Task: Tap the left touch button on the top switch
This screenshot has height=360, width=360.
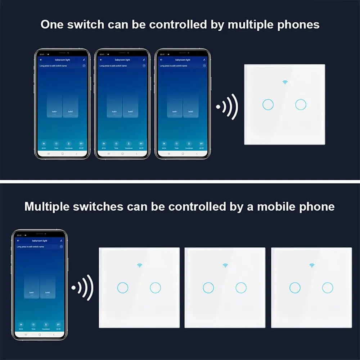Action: click(x=268, y=105)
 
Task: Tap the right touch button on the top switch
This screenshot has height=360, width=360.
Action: click(x=301, y=105)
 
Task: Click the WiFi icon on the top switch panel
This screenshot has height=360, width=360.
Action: click(x=285, y=82)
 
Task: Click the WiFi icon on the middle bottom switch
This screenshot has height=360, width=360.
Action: click(x=225, y=266)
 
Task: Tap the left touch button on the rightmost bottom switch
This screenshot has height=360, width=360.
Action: click(x=295, y=287)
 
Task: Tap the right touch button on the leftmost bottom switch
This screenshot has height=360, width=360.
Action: click(x=155, y=287)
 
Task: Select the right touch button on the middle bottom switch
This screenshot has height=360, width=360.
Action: click(x=241, y=287)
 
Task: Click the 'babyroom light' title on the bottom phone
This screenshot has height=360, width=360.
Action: click(x=40, y=240)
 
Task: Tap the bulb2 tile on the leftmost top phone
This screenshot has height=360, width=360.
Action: click(x=71, y=106)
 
